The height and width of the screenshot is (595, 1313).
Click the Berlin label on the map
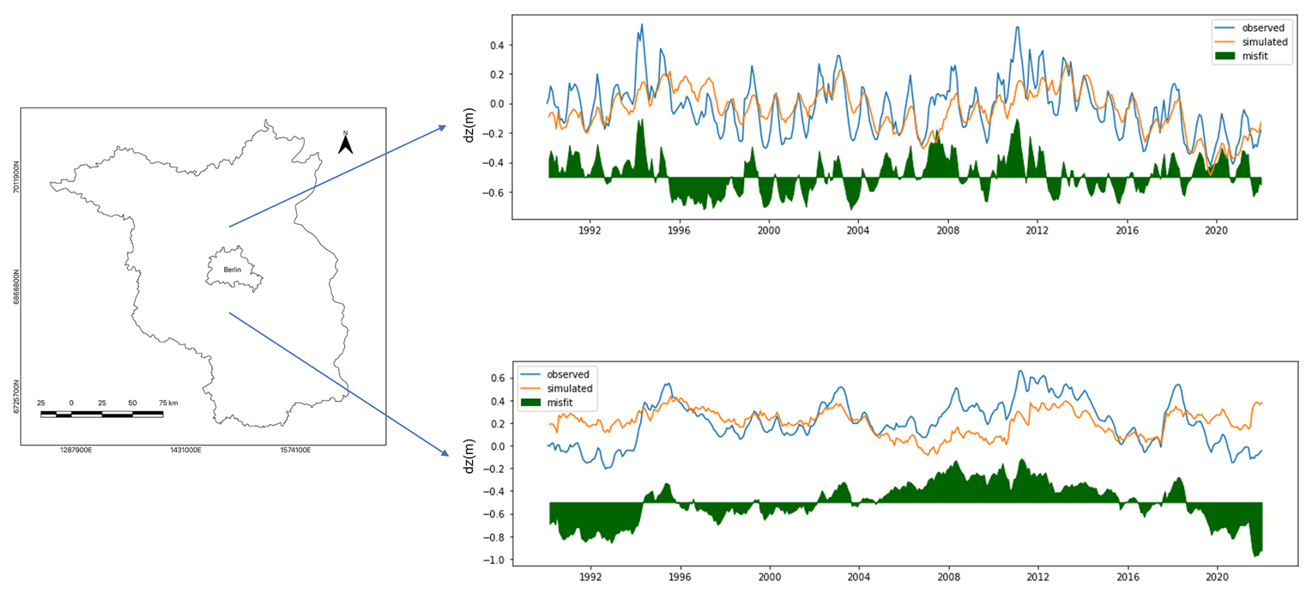(x=232, y=269)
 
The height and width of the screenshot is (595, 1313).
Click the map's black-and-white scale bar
(x=102, y=414)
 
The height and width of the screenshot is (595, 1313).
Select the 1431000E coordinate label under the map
(x=185, y=451)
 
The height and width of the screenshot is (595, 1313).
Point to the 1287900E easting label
(x=76, y=451)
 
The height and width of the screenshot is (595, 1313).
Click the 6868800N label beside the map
(x=17, y=287)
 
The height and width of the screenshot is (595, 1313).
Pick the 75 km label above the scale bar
(x=168, y=403)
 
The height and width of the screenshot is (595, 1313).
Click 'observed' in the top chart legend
(x=1263, y=28)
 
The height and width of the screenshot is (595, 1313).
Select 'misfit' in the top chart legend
(x=1255, y=56)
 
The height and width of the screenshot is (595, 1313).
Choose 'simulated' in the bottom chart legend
(x=569, y=389)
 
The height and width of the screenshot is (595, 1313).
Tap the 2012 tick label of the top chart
(x=1037, y=231)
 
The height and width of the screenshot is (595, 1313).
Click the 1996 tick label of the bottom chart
(x=679, y=577)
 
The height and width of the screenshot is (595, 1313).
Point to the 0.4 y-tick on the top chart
(x=497, y=45)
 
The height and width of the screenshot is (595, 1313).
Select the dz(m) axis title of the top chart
(x=469, y=125)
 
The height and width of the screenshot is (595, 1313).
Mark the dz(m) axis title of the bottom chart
(x=469, y=456)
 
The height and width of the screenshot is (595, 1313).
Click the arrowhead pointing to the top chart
(x=442, y=128)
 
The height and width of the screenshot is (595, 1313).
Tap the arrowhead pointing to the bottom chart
(x=444, y=453)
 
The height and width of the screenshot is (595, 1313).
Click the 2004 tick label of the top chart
(x=858, y=231)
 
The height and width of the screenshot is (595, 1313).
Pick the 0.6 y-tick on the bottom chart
(x=498, y=378)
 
